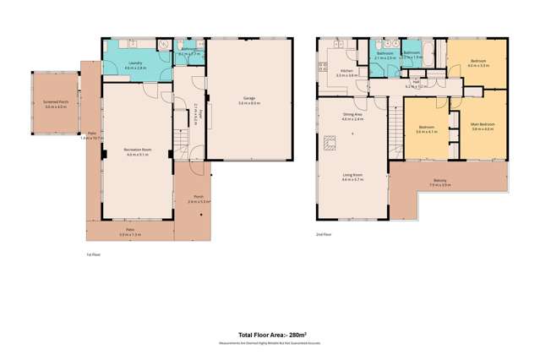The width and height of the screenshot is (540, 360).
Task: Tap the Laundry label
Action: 134,63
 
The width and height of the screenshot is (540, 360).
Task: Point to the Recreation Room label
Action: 136,150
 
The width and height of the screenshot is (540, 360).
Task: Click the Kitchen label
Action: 346,71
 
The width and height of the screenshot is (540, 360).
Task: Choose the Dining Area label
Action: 352,116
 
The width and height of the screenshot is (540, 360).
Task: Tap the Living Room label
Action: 352,175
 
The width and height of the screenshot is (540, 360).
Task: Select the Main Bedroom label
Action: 483,125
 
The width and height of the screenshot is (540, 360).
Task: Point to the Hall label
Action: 417,83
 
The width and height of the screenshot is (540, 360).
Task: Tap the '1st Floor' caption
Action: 94,254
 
